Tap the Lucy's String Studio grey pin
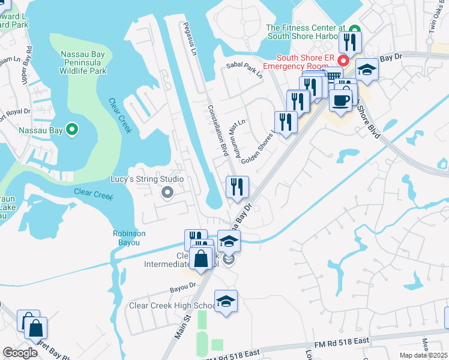(x=167, y=193)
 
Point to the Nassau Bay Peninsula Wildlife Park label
(x=84, y=62)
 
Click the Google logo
(x=20, y=352)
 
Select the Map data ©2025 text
(x=423, y=355)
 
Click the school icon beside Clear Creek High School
(x=226, y=301)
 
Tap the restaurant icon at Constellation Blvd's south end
(x=237, y=187)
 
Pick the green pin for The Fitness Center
(x=354, y=28)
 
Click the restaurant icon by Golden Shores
(x=286, y=122)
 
